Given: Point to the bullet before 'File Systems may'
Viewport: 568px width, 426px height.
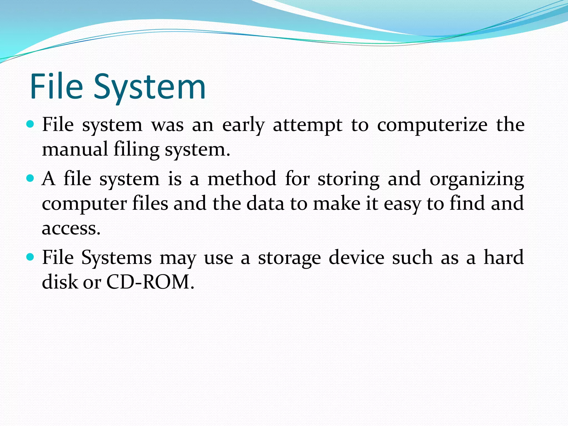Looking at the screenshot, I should pos(30,257).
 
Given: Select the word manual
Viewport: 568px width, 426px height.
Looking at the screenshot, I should pos(75,149).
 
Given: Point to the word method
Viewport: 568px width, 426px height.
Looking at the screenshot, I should pos(242,179).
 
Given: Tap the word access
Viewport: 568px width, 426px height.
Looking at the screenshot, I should pos(71,229).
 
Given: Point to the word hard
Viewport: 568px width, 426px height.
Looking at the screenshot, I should pos(504,257).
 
